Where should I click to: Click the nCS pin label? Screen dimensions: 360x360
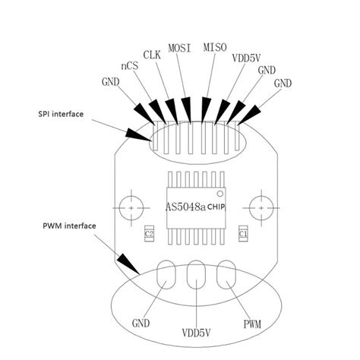[x=129, y=67]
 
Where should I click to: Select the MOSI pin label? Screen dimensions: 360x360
[x=180, y=47]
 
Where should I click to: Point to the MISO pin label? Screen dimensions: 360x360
[x=216, y=47]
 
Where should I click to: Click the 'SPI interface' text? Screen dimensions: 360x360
[x=61, y=114]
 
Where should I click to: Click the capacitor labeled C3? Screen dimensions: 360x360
[x=150, y=234]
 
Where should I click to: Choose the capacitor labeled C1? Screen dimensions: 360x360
[x=243, y=234]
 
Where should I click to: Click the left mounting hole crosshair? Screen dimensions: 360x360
[x=133, y=207]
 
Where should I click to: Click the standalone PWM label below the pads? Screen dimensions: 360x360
[x=252, y=326]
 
